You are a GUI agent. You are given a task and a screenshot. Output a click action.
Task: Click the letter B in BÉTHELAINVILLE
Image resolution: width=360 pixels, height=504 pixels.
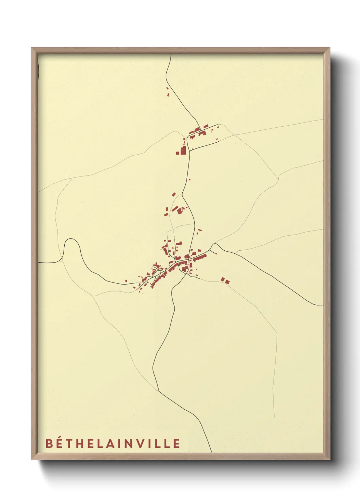click(49, 443)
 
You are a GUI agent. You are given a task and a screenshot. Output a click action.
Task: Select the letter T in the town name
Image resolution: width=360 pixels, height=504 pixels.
click(70, 443)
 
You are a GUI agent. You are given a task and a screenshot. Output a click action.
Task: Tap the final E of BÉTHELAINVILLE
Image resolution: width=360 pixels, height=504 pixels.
click(177, 443)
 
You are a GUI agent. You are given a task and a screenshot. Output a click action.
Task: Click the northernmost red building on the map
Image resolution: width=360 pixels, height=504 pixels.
click(167, 89)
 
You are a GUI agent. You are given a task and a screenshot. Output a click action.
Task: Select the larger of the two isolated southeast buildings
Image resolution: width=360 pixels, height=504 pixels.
click(227, 282)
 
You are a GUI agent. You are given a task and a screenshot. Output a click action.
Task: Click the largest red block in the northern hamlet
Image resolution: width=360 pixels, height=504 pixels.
click(183, 150)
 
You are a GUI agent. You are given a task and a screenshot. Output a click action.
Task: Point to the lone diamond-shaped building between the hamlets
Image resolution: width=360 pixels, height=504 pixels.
click(174, 194)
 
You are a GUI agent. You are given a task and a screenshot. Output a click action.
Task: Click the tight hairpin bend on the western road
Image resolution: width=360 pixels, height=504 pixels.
click(71, 240)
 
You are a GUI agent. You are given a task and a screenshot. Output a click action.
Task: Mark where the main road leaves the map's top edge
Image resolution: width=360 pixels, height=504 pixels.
click(170, 55)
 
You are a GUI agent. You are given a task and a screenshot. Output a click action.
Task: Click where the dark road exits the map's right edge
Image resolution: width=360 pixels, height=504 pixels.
click(322, 305)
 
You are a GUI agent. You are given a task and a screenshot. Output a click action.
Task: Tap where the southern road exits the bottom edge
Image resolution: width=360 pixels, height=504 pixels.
click(211, 452)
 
